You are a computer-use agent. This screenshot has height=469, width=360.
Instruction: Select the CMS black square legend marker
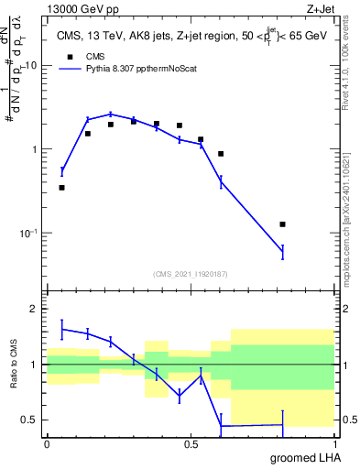[x=68, y=56]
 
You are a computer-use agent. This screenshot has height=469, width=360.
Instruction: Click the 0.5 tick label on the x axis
[x=191, y=443]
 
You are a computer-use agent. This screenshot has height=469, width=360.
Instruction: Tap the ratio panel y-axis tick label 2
[x=33, y=309]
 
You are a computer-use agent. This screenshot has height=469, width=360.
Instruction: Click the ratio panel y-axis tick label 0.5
[x=29, y=420]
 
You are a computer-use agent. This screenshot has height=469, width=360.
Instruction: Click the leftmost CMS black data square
[x=62, y=188]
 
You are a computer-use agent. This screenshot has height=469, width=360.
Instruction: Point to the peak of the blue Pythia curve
[x=111, y=115]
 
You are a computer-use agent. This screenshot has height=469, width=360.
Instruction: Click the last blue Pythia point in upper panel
[x=283, y=252]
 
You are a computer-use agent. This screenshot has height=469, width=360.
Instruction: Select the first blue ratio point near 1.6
[x=62, y=329]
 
